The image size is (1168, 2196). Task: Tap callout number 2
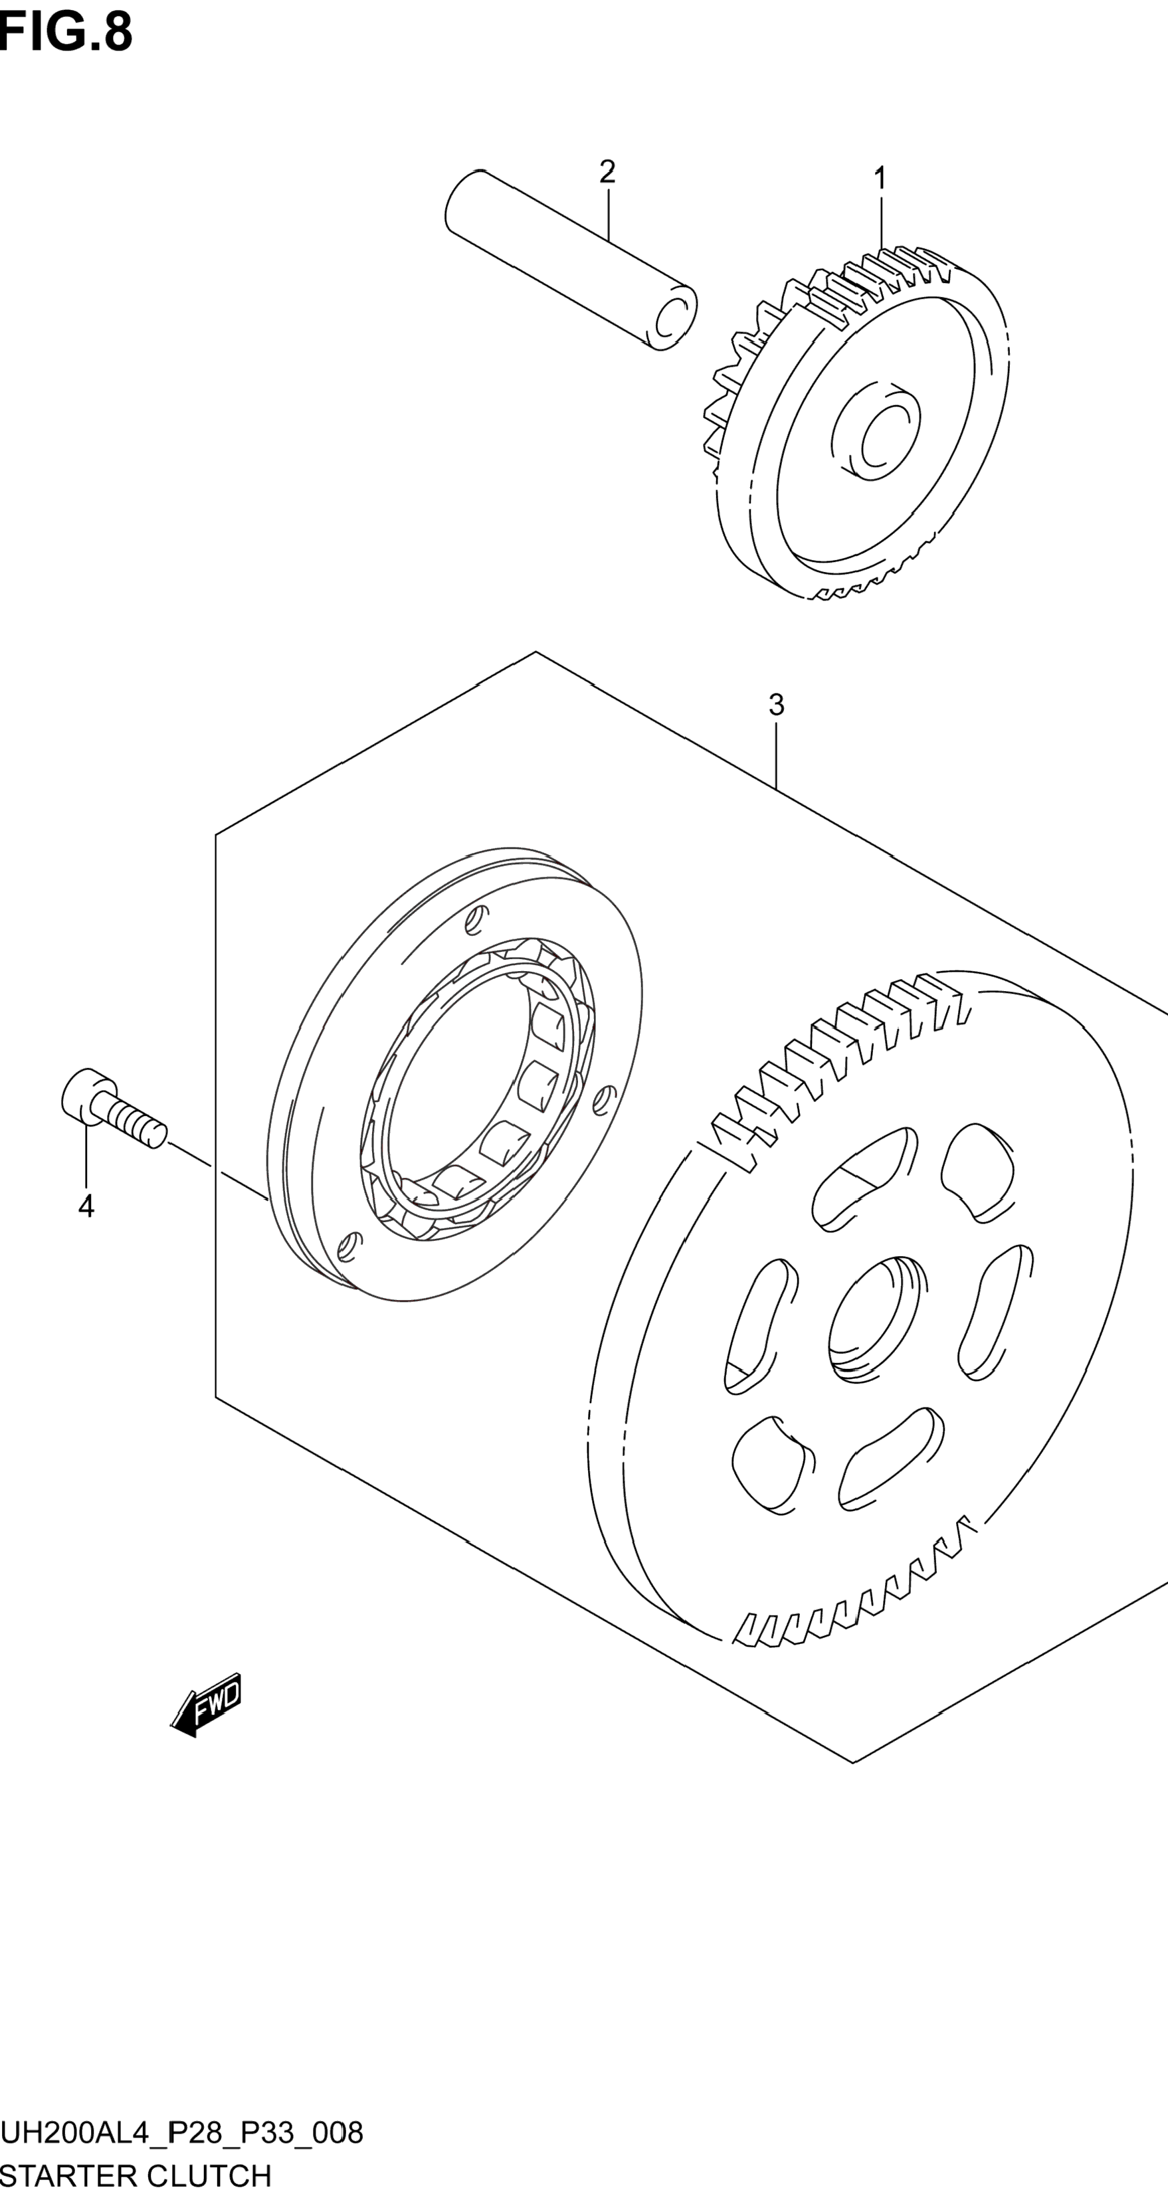(607, 171)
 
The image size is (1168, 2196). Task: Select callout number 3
(776, 705)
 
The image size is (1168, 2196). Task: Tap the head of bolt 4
(84, 1094)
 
